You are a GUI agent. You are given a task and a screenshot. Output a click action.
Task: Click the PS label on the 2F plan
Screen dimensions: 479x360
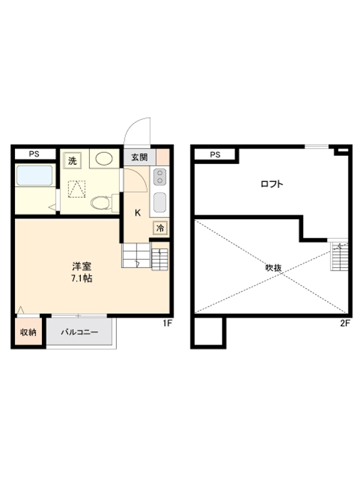(x=215, y=154)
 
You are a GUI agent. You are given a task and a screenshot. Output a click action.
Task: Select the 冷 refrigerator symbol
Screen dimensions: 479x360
(x=161, y=228)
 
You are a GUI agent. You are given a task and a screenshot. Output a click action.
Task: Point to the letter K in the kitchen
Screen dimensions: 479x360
(x=137, y=213)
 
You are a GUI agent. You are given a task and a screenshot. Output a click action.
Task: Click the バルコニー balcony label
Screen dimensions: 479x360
(x=79, y=332)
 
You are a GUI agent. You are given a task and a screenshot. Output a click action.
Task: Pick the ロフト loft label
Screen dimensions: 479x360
(x=271, y=184)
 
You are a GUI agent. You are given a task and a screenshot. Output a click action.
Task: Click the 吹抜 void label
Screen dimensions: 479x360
(x=273, y=268)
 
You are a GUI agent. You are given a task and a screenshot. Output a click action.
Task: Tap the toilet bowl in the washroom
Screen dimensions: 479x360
(x=101, y=204)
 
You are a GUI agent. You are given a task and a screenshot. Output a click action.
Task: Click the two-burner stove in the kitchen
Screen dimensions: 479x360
(x=160, y=177)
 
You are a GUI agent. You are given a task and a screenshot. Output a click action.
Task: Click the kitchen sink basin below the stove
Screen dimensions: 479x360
(x=160, y=202)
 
